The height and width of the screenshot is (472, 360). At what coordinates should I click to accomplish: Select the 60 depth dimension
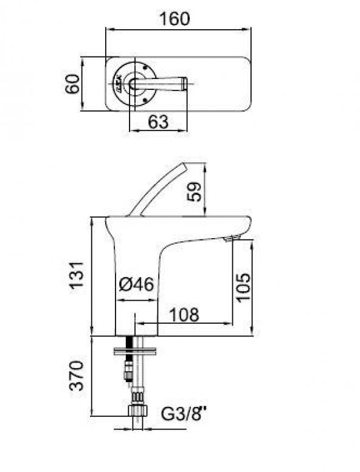pos(72,84)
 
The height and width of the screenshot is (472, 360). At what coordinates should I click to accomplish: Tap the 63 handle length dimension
pos(157,121)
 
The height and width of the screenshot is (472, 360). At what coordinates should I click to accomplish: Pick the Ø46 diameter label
pos(136,284)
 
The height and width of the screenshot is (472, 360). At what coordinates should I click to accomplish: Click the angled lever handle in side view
pos(159,188)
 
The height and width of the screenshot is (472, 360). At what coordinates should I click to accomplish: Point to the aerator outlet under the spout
pos(229,240)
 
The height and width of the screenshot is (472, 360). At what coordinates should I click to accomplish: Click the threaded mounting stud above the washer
pos(129,341)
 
